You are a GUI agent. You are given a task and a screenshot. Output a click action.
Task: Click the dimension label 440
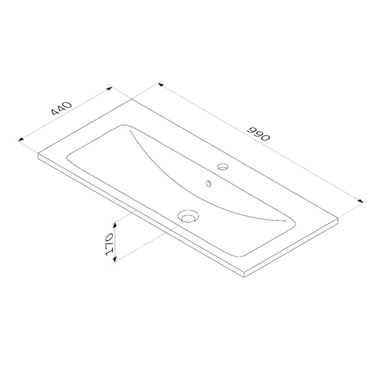coord(61,108)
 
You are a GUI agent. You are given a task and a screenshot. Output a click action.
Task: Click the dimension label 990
coord(259,133)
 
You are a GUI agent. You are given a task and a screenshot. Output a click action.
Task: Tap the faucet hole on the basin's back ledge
coord(222,167)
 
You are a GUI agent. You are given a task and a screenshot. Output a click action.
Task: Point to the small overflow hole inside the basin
coord(209,184)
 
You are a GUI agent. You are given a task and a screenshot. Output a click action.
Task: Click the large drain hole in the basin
coord(188,216)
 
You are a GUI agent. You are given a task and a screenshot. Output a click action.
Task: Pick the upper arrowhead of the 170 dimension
coord(115,225)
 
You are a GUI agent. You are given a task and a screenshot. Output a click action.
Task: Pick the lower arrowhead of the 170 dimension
coord(115,259)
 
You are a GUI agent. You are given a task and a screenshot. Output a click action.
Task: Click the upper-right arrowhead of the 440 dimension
coord(109,88)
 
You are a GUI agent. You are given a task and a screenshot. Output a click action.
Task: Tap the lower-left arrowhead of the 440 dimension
coord(21,139)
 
